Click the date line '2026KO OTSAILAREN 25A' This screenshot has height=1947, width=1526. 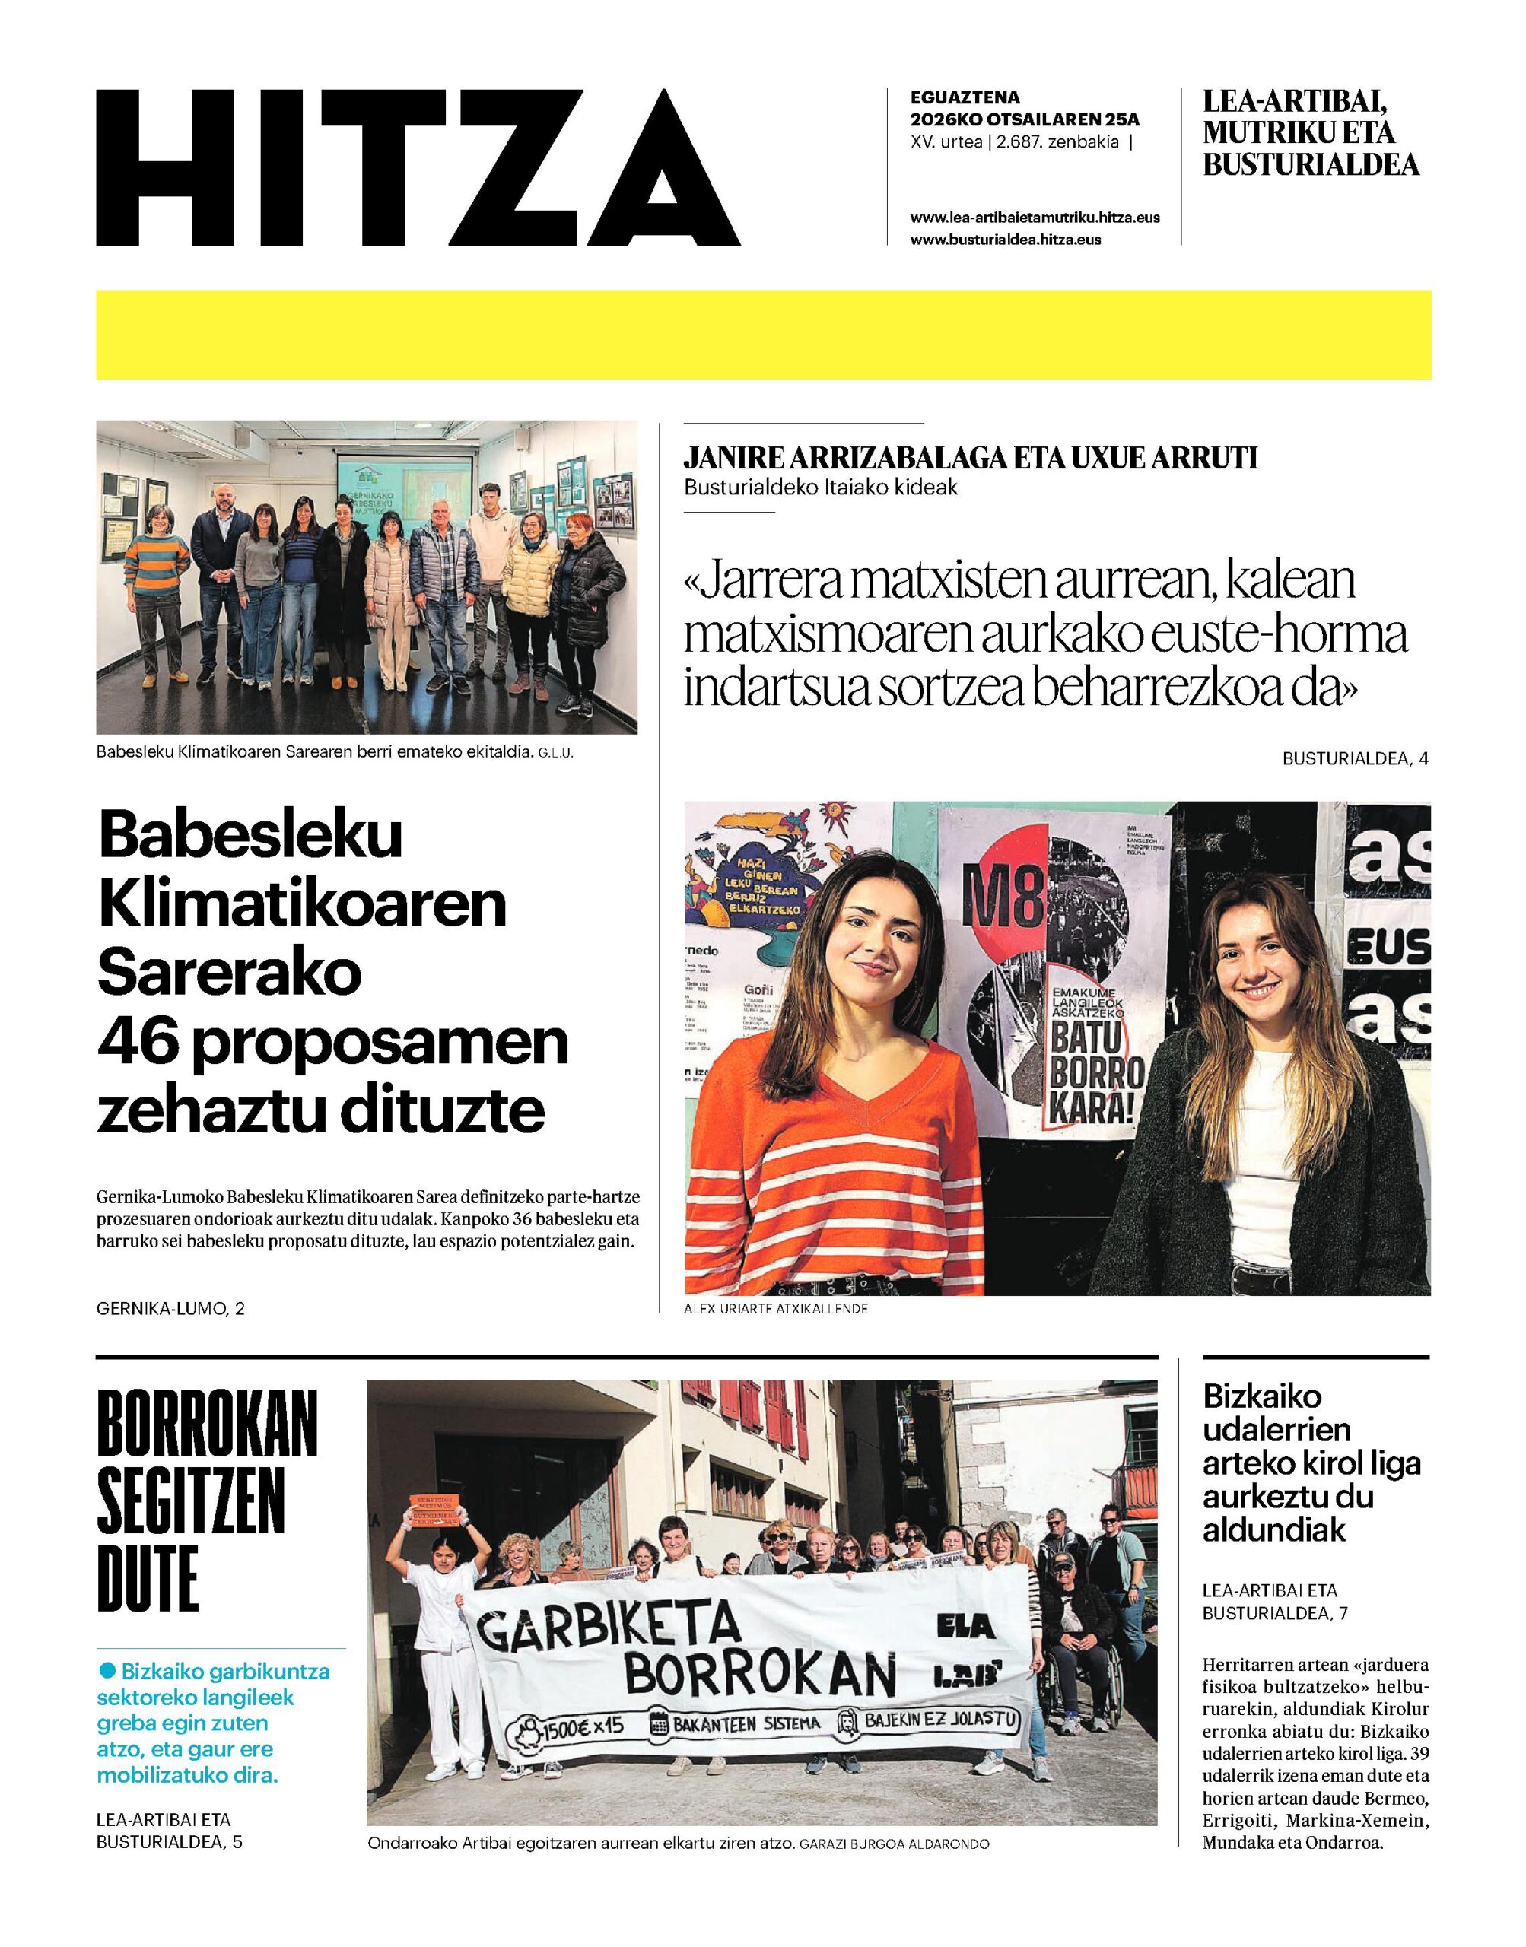click(1025, 119)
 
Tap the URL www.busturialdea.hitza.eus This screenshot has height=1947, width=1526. click(1005, 240)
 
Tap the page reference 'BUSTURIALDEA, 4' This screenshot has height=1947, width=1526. click(1356, 758)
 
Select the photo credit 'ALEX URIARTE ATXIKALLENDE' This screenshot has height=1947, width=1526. click(775, 1310)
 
